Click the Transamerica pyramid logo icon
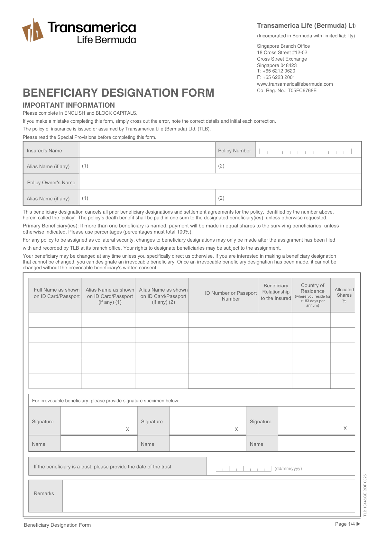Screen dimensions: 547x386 tap(32, 31)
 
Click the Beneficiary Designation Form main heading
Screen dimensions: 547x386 tap(118, 93)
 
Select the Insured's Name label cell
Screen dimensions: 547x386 tap(51, 150)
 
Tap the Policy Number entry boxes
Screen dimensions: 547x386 tap(305, 151)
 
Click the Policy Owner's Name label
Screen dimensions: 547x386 tap(51, 182)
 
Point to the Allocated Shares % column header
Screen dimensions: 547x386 tap(344, 295)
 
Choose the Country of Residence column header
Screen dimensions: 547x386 tap(312, 295)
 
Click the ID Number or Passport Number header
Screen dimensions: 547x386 tap(231, 296)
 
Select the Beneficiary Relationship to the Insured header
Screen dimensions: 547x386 tap(276, 292)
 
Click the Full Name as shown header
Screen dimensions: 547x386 tap(57, 293)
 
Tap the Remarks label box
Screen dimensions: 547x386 tap(44, 494)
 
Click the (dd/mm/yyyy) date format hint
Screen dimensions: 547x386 tap(288, 468)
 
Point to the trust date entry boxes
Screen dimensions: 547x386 tap(244, 468)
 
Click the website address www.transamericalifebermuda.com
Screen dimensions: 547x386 tap(295, 84)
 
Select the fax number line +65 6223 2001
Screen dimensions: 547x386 tap(276, 77)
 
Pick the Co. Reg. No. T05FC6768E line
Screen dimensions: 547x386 tap(287, 91)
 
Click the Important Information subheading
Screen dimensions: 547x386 tap(69, 105)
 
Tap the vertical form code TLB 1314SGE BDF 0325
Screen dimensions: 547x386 tap(365, 495)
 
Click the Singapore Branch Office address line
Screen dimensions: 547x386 tap(283, 46)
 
